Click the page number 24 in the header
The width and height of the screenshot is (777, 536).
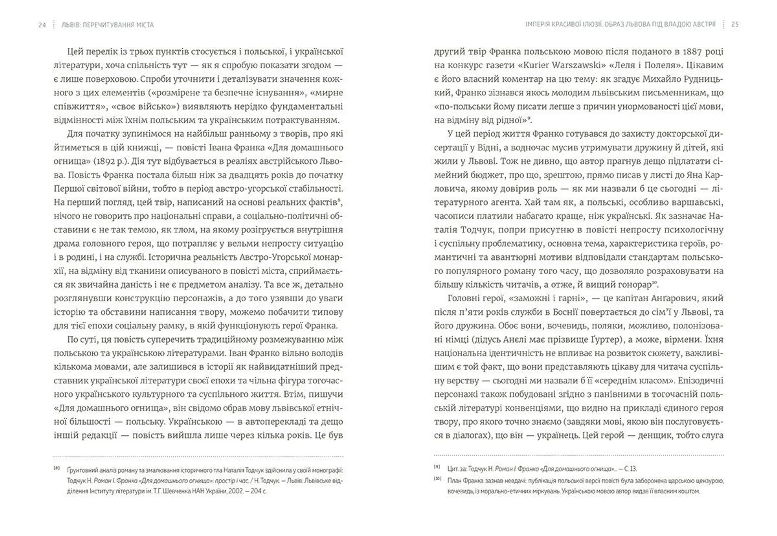pyautogui.click(x=42, y=25)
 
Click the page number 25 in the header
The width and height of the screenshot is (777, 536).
pyautogui.click(x=735, y=24)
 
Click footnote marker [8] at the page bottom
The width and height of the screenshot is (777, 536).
pyautogui.click(x=57, y=469)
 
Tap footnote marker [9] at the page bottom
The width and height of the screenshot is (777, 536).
pyautogui.click(x=437, y=467)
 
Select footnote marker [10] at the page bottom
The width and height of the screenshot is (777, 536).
pyautogui.click(x=437, y=479)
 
